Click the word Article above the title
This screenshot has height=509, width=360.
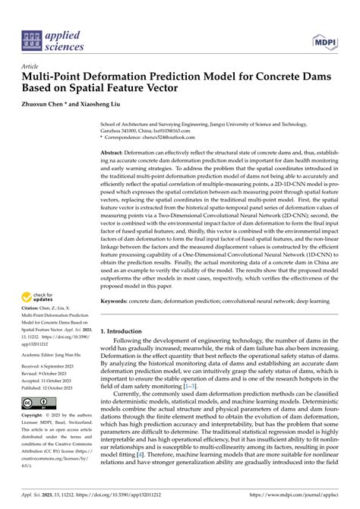[32, 66]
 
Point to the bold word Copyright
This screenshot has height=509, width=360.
[36, 416]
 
